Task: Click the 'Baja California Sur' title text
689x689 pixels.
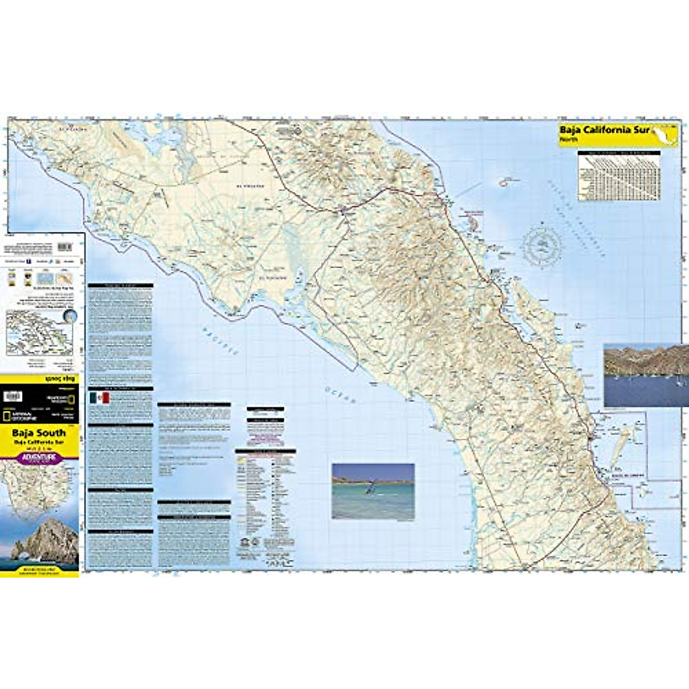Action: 604,130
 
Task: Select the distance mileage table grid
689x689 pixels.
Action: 619,176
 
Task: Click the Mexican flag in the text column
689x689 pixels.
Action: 99,398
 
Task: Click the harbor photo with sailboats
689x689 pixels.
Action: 646,374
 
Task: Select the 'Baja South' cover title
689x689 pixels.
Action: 39,433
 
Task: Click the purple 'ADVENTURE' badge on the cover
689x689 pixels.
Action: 39,458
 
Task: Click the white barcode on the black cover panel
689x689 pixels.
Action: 13,396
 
